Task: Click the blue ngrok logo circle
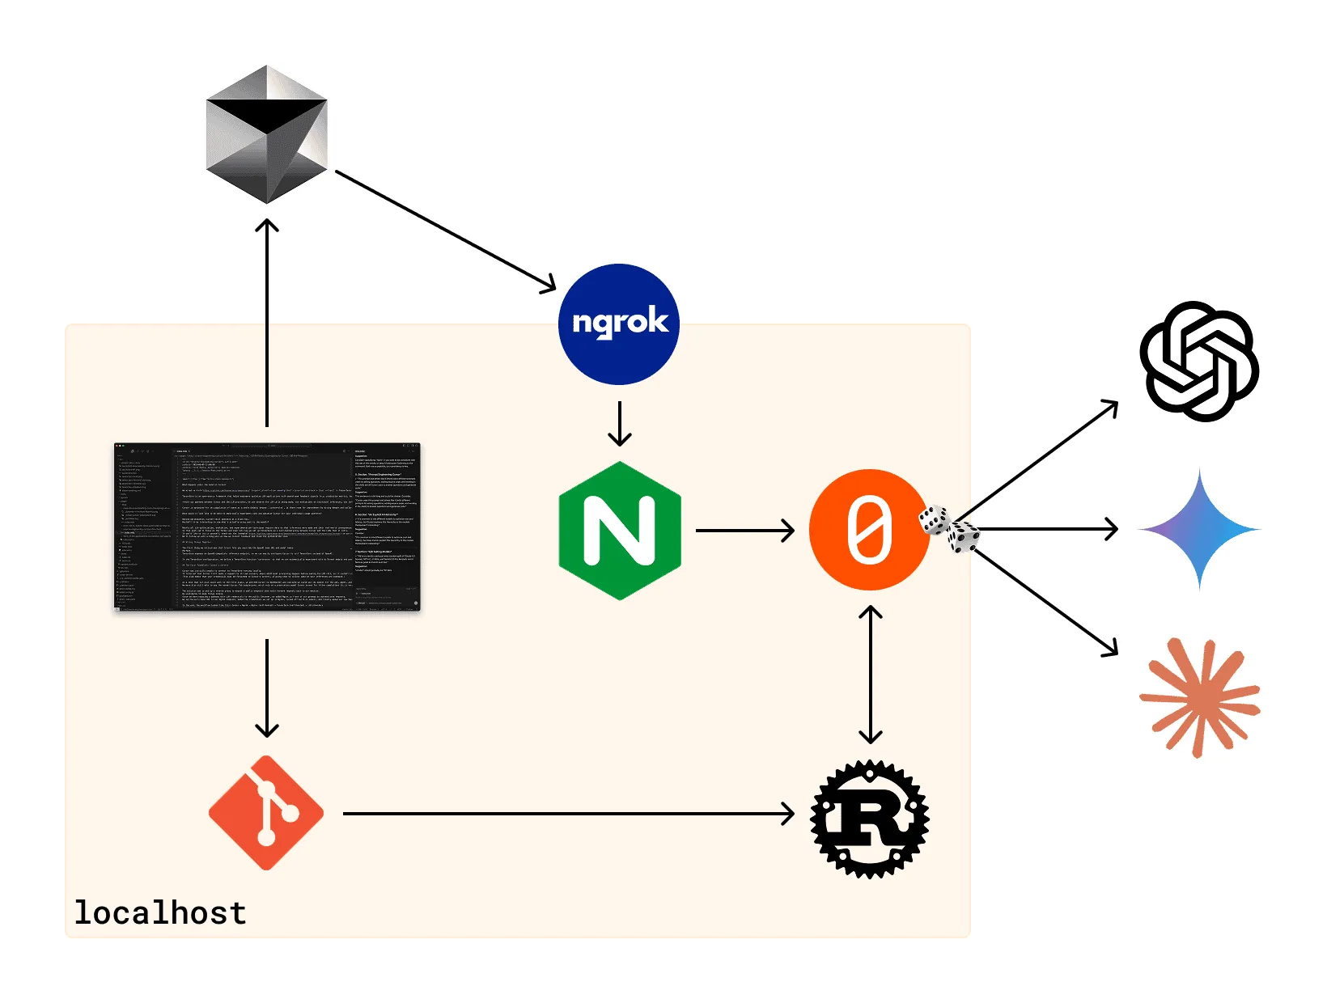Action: (x=619, y=324)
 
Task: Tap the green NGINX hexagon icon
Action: (x=620, y=531)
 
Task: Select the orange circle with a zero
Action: (x=869, y=530)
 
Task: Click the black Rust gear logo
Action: (x=870, y=819)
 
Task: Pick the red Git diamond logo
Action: (x=266, y=813)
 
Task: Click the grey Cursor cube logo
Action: (x=267, y=134)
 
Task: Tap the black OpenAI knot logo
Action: (x=1199, y=362)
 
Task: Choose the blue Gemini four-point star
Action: (x=1199, y=530)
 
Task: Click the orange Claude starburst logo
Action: (x=1199, y=697)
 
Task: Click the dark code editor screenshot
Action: (x=267, y=527)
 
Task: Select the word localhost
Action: (x=160, y=912)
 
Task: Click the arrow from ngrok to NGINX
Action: (x=620, y=423)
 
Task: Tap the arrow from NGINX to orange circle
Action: (x=744, y=531)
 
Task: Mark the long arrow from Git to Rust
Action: (x=566, y=814)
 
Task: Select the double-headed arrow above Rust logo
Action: (x=870, y=675)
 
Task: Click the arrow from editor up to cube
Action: (x=267, y=324)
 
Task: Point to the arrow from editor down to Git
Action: (x=267, y=688)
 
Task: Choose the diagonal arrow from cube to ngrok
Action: (x=445, y=230)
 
